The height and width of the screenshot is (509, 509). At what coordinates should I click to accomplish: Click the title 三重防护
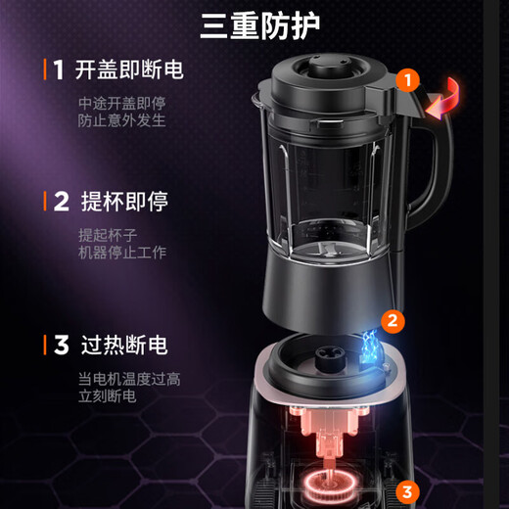259,25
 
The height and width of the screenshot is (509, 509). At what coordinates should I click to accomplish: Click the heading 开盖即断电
129,70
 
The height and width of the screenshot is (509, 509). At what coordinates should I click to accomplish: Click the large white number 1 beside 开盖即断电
59,70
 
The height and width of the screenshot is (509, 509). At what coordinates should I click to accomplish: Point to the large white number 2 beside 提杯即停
61,202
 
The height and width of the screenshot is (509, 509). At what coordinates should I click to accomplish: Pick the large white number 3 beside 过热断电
61,345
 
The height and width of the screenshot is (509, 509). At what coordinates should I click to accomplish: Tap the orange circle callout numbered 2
392,319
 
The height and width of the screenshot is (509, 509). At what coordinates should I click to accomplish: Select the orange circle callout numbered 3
409,491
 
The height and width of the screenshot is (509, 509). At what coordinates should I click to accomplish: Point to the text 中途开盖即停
122,102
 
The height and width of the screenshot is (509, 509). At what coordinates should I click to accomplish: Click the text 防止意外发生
122,121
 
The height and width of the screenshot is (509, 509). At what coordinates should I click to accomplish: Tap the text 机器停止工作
122,253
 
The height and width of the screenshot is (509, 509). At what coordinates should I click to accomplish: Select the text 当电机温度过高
129,379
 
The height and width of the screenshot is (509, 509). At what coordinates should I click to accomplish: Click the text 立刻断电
108,397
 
